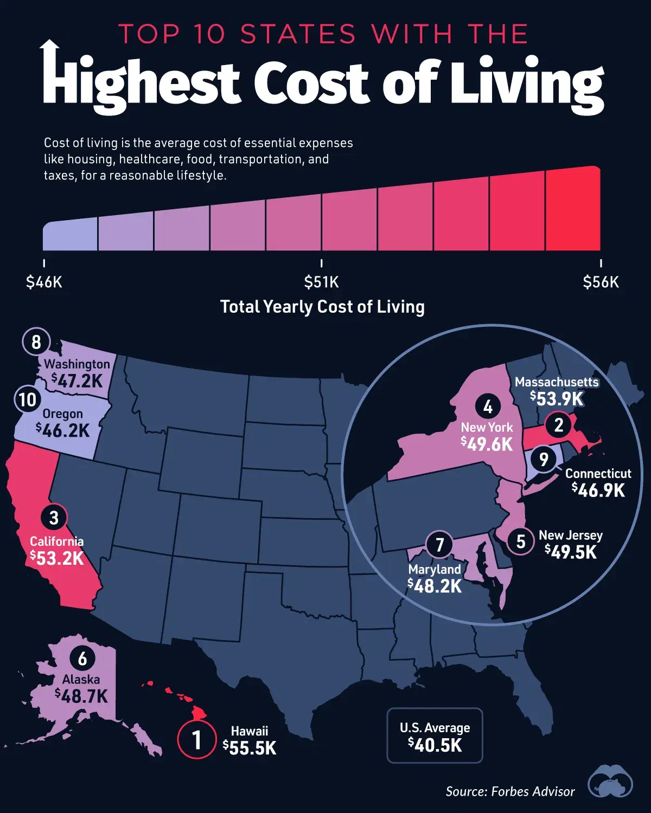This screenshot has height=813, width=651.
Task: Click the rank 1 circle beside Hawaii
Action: coord(197,739)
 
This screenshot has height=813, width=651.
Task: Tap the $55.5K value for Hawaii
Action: coord(250,748)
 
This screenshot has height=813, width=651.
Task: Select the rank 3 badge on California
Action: coord(53,518)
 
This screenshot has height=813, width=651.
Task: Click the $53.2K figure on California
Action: coord(57,558)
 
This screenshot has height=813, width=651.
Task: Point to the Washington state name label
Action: coord(77,364)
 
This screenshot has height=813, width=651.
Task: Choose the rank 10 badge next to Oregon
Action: coord(28,399)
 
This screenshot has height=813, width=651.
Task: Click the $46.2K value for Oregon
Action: coord(63,430)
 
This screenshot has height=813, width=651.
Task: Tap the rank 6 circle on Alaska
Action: coord(82,659)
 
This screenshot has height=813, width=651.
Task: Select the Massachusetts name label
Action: coord(557,382)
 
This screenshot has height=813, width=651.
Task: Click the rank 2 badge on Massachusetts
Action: coord(559,425)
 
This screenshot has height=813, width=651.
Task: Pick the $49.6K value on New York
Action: coord(487,444)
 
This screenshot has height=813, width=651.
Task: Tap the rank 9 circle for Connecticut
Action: coord(544,460)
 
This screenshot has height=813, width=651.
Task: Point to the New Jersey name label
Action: coord(571,535)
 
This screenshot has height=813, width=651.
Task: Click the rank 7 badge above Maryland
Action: coord(440,544)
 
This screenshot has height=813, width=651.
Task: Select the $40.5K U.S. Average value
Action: coord(435,745)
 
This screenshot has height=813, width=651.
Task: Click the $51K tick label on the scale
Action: coord(322,282)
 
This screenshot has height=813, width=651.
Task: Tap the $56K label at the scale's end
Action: coord(601,282)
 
